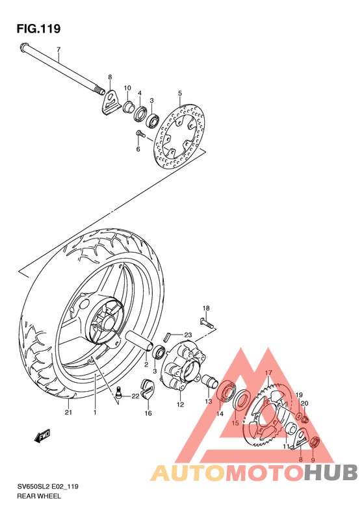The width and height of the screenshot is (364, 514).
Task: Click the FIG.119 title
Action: pyautogui.click(x=38, y=29)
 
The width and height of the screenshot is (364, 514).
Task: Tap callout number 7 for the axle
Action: pyautogui.click(x=58, y=50)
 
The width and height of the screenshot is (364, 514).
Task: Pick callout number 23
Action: pyautogui.click(x=187, y=335)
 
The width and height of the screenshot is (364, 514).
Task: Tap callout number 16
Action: pyautogui.click(x=148, y=413)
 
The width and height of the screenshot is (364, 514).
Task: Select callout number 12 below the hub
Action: pyautogui.click(x=180, y=404)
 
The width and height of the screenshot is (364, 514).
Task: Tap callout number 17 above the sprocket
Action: pyautogui.click(x=267, y=373)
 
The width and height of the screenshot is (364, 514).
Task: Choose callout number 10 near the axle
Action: pyautogui.click(x=127, y=88)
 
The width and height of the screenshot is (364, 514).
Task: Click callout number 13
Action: pyautogui.click(x=208, y=401)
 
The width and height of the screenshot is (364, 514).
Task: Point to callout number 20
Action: pyautogui.click(x=304, y=404)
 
